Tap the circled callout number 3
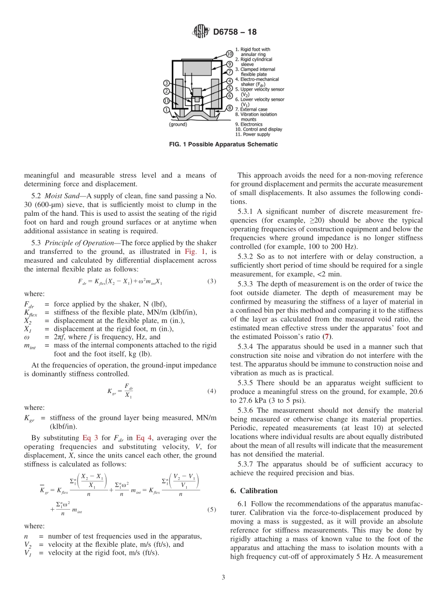166,83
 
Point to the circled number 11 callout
166,101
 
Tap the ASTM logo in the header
201,32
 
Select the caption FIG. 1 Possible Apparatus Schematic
223,144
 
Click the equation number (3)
211,281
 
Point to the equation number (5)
211,509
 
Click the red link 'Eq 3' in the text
90,438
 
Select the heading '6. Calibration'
254,491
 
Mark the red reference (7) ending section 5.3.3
325,336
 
